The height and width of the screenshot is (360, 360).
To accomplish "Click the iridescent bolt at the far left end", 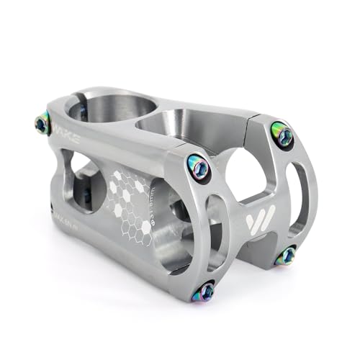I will pyautogui.click(x=42, y=125).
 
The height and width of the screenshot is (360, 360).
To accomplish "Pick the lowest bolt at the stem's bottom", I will pyautogui.click(x=205, y=291).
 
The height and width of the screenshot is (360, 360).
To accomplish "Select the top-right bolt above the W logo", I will pyautogui.click(x=282, y=133).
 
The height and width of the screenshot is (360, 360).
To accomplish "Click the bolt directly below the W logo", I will pyautogui.click(x=286, y=255).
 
